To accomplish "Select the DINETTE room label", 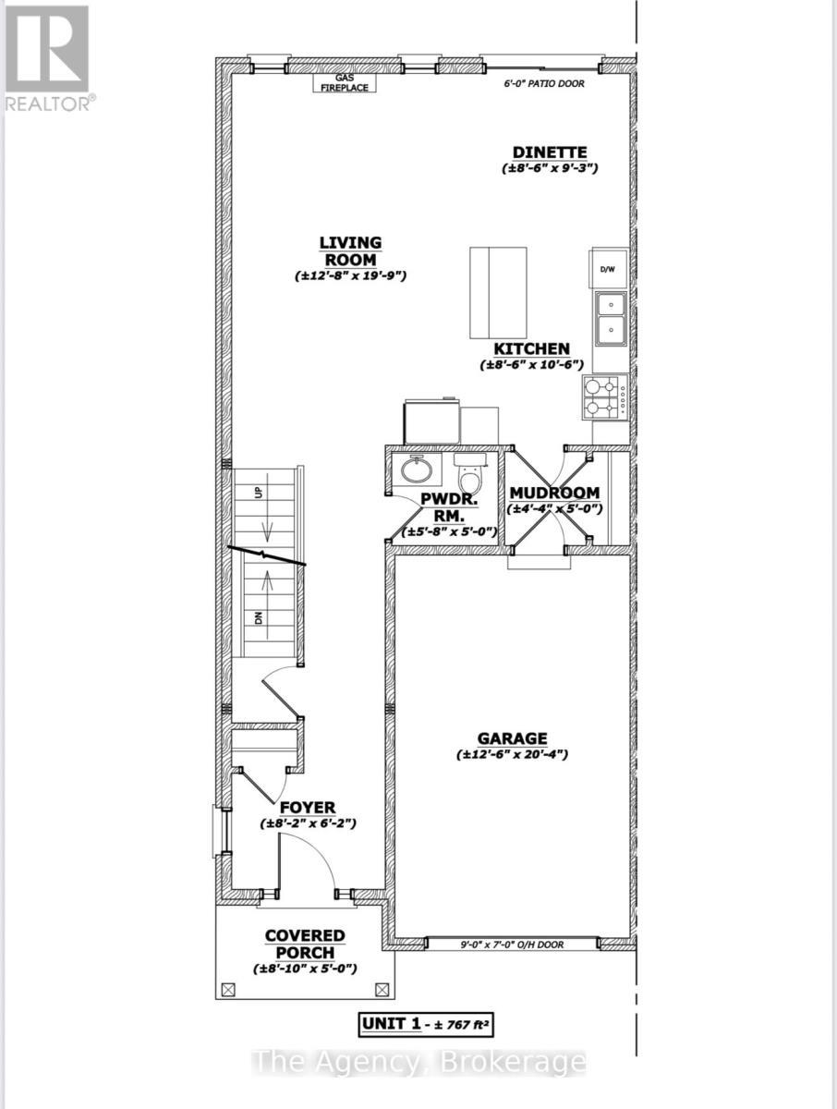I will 551,152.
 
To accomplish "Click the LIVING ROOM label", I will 350,250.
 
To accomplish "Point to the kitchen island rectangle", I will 498,293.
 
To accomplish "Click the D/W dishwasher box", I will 608,270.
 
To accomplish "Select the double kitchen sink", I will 611,316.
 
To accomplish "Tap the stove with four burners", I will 604,397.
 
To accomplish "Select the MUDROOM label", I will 554,493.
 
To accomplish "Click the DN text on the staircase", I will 260,616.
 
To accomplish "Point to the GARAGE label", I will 512,738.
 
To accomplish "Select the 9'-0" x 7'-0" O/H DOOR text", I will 511,944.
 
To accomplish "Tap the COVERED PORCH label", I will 305,944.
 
